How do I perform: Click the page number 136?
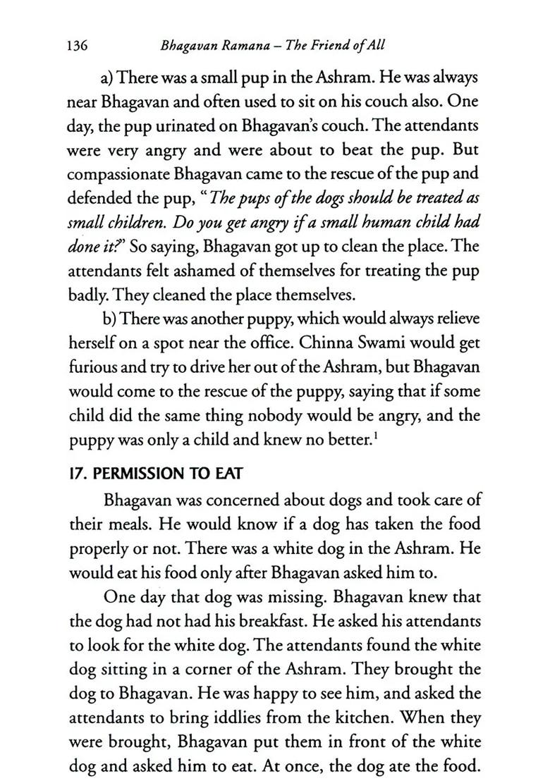pos(76,47)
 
